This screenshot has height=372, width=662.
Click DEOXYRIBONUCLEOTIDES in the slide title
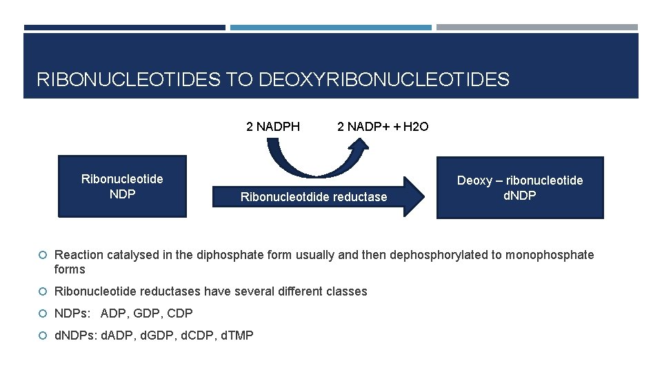[x=384, y=80]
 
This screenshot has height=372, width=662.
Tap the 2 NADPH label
[x=273, y=127]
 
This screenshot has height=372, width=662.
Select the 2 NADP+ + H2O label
[x=383, y=127]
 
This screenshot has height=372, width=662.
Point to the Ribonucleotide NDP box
[x=122, y=187]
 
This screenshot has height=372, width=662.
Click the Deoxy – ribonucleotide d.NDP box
[x=520, y=187]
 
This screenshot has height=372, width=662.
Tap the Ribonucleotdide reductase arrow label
[x=314, y=198]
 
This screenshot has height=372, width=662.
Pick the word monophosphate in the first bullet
[x=550, y=255]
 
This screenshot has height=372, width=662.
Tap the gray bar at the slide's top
[x=537, y=28]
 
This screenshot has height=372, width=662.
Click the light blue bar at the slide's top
[x=331, y=28]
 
